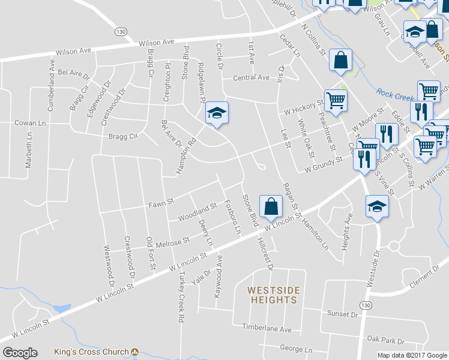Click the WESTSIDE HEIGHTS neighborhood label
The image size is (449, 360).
pos(274,295)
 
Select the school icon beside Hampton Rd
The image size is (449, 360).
pos(217,113)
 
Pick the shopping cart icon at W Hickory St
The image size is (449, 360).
pos(336,100)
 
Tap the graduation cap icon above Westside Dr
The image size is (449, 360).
pos(376,207)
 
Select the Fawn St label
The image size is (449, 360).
pos(161,204)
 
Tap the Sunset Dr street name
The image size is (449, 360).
pos(342,314)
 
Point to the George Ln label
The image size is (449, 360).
pos(296,349)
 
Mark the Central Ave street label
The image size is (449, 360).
pos(251,77)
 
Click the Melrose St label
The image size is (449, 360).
pos(172,241)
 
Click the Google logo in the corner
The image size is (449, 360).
pos(20,353)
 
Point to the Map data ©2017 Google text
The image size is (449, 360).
pos(412,355)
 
